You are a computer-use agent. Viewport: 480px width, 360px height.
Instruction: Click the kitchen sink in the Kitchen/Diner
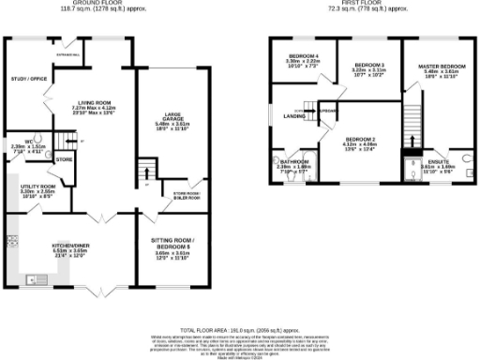(x=37, y=278)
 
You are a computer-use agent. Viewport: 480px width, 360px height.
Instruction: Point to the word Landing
(x=292, y=116)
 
